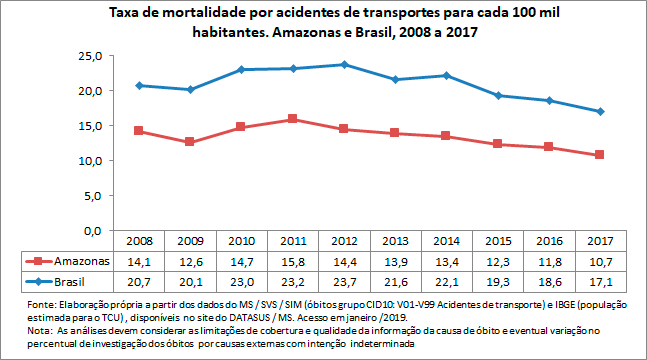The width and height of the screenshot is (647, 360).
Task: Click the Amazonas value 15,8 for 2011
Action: click(291, 261)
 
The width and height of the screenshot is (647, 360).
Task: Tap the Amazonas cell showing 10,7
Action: click(599, 261)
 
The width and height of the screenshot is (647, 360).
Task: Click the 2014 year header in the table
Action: click(445, 241)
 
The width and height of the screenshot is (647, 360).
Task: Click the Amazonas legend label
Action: click(80, 261)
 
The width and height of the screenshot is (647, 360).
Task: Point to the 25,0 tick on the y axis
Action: click(90, 56)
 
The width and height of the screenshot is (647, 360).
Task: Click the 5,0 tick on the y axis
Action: click(93, 196)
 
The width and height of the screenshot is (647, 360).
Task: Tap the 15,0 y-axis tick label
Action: click(90, 126)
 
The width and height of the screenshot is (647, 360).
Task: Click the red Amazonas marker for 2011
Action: click(291, 119)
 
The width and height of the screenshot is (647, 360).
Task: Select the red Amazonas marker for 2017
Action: click(599, 155)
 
